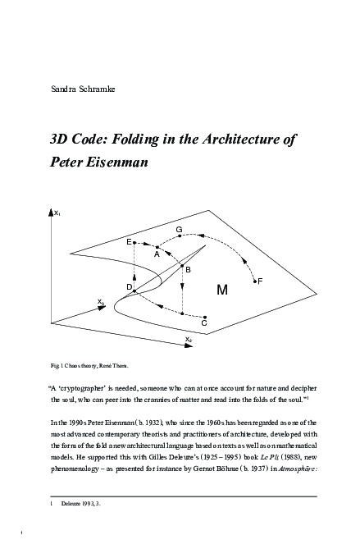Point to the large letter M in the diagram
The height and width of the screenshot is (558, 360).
pos(222,290)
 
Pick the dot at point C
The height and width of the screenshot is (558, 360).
pos(204,315)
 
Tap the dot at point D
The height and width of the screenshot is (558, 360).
pos(134,290)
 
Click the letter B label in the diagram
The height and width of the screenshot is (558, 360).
pos(188,269)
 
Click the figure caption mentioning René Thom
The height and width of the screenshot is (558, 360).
pos(89,364)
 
